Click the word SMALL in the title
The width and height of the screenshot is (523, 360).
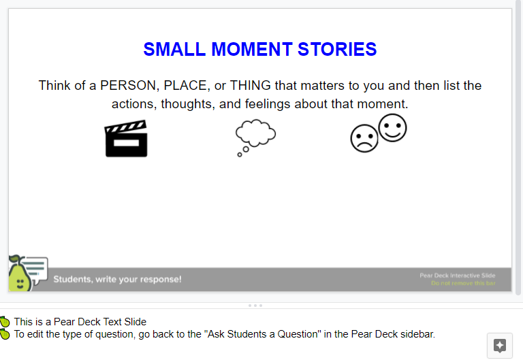pos(174,49)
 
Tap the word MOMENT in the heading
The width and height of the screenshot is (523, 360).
pos(252,49)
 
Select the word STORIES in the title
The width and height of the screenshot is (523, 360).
pos(337,49)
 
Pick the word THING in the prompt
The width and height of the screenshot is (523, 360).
pos(250,86)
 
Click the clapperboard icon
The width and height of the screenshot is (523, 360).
pos(126,138)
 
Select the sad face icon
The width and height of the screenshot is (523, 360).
pos(364,138)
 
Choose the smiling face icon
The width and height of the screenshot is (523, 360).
pos(392,128)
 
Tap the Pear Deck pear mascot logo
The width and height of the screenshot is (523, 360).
pos(20,274)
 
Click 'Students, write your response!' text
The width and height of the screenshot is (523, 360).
pos(117,279)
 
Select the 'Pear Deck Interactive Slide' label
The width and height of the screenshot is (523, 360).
pos(458,276)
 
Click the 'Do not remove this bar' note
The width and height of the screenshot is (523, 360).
pos(463,283)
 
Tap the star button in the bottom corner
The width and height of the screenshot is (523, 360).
pos(500,346)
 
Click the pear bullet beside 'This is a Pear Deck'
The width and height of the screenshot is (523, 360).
pos(5,322)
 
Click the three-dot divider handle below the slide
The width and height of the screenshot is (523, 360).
pos(255,306)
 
